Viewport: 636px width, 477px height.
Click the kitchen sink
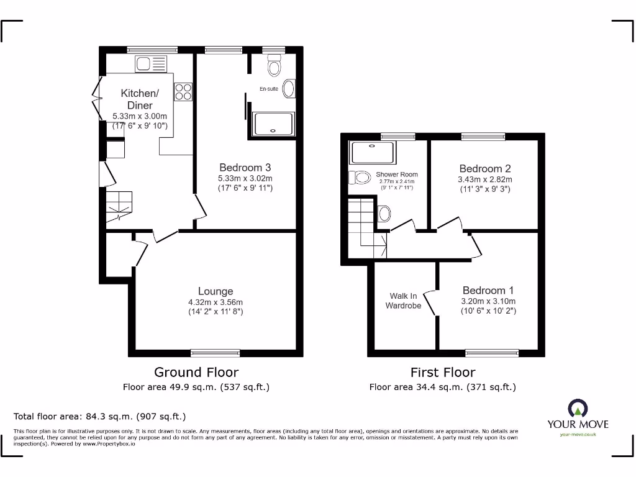coord(151,63)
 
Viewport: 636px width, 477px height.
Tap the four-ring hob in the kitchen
coord(183,91)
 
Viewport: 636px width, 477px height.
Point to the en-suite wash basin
coord(289,89)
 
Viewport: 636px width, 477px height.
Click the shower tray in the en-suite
coord(273,124)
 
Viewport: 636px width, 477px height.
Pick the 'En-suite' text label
coord(269,89)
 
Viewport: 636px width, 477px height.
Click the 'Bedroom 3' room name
coord(245,167)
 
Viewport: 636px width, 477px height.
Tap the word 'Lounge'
coord(216,291)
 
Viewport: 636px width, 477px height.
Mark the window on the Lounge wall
coord(215,353)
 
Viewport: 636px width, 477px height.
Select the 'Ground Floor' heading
coord(196,372)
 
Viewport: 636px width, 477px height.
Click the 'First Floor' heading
coord(442,372)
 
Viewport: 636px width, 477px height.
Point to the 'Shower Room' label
coord(397,175)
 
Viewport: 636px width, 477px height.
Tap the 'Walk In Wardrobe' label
coord(403,301)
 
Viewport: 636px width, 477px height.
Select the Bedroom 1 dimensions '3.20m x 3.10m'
coord(488,301)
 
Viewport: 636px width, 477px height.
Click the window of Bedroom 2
coord(483,136)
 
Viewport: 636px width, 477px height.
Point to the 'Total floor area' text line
coord(99,416)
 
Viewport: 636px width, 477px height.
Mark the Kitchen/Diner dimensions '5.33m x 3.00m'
coord(139,116)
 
